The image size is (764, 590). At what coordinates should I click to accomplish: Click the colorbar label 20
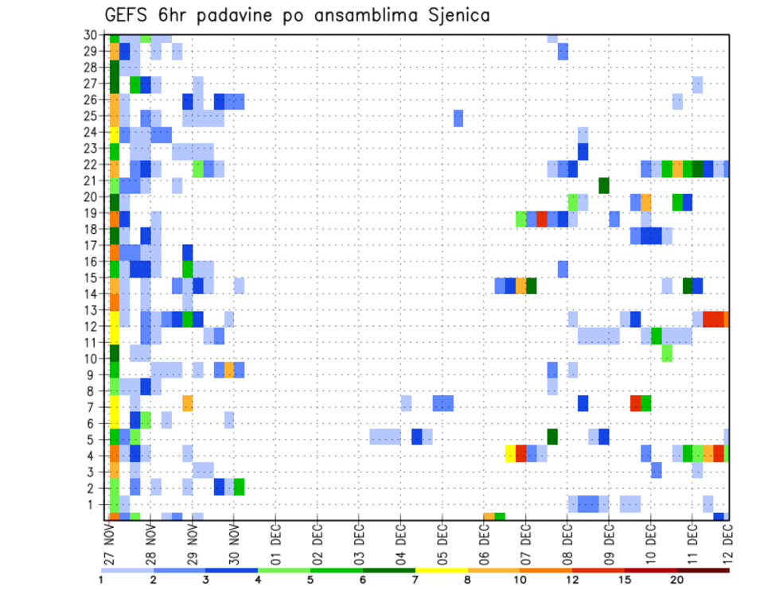pos(677,580)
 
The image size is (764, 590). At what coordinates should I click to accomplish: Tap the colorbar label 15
pos(625,580)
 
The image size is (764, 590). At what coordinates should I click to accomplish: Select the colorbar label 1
pos(101,580)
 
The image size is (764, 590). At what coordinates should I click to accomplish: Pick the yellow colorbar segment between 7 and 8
pos(441,570)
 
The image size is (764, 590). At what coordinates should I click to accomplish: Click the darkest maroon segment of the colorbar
pos(703,570)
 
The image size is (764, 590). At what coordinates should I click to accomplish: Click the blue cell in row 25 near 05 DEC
pos(458,118)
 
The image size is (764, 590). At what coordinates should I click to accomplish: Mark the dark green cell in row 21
pos(604,184)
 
